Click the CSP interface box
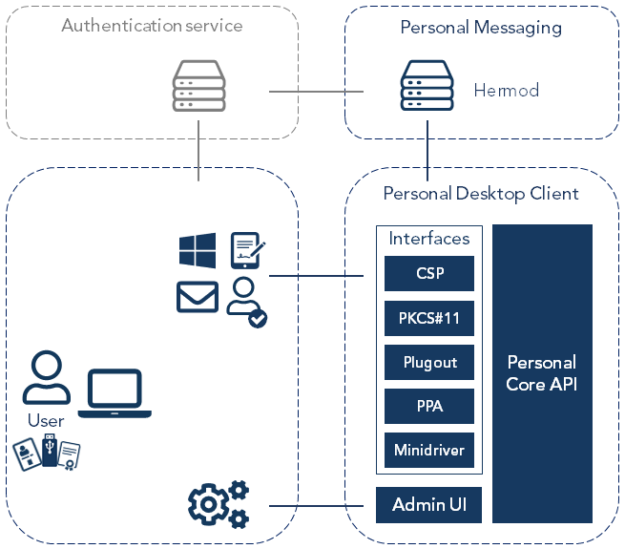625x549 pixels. tap(429, 274)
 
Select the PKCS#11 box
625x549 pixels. tap(429, 318)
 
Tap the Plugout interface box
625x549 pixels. tap(429, 363)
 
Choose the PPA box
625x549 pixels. tap(429, 406)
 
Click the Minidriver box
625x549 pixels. tap(429, 450)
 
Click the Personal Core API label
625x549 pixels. tap(542, 373)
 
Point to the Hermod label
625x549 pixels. tap(506, 92)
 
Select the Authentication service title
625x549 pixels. tap(152, 26)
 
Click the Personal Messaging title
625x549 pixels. tap(481, 28)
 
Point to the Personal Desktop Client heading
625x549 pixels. tap(481, 194)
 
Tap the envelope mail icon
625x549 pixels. tap(198, 296)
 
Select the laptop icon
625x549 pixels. tap(115, 393)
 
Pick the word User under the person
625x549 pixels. tap(46, 421)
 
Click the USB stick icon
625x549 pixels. tap(50, 452)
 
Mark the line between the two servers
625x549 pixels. tap(316, 92)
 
